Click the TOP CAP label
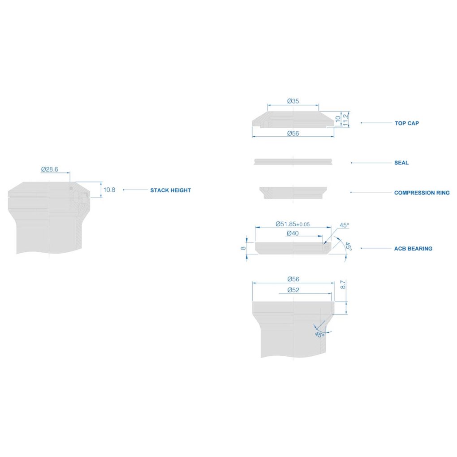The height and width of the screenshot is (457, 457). click(406, 123)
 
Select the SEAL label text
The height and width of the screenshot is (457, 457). click(401, 163)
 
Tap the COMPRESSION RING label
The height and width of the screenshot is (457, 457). click(422, 193)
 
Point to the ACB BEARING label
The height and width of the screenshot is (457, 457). click(413, 249)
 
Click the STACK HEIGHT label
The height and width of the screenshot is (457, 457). click(171, 190)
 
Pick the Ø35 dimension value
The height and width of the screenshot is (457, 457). click(293, 101)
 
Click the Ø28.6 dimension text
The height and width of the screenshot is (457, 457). click(50, 169)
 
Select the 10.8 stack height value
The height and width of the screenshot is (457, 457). click(109, 190)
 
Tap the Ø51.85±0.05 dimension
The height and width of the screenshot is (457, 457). click(293, 224)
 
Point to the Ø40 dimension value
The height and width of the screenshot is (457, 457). click(293, 233)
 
